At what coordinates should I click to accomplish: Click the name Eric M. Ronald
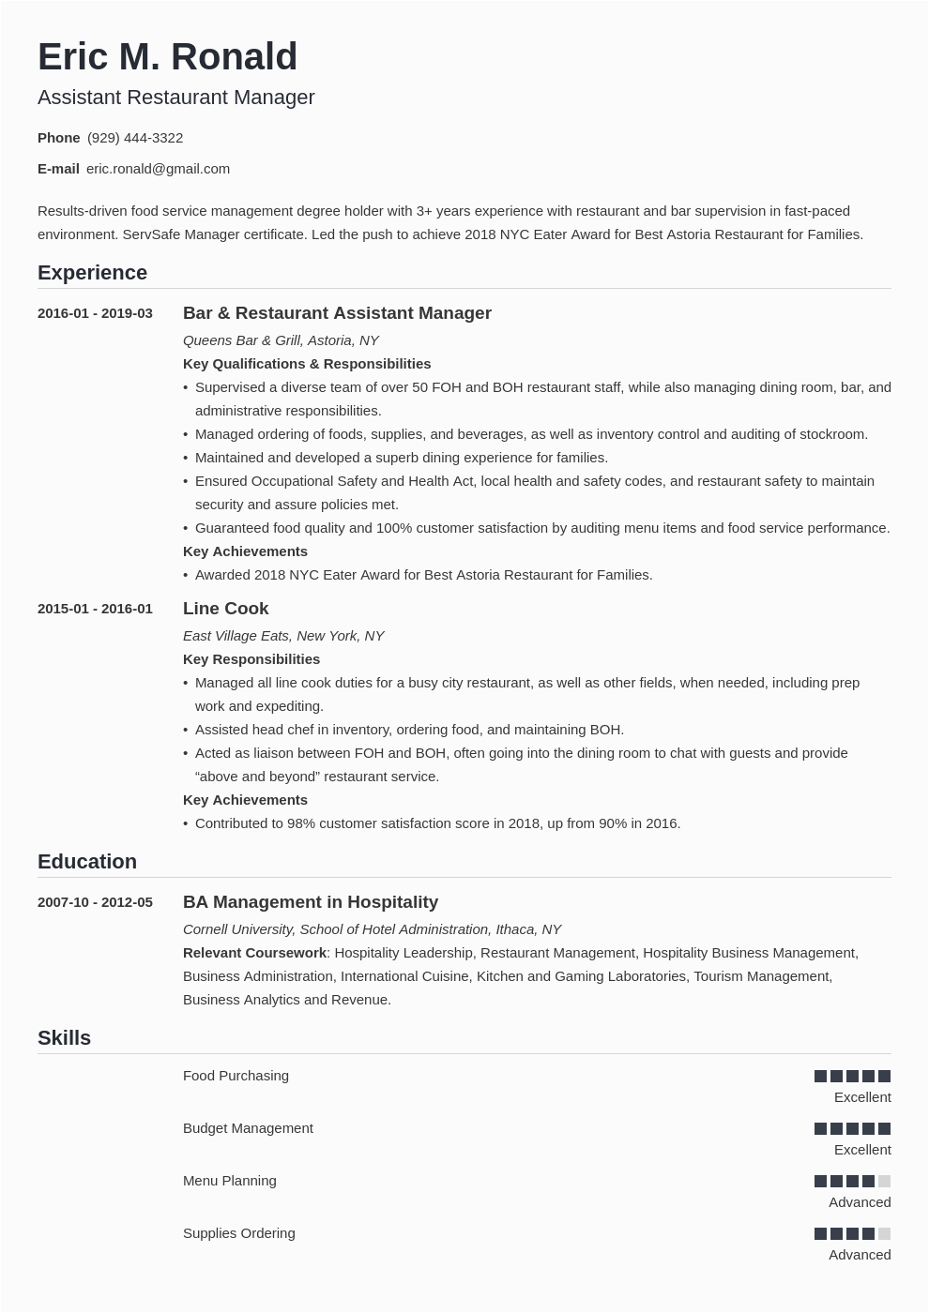click(167, 57)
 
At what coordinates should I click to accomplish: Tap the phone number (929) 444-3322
click(135, 138)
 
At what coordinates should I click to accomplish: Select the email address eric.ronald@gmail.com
click(158, 169)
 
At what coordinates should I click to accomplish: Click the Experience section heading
click(92, 273)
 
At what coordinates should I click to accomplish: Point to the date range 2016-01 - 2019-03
click(95, 313)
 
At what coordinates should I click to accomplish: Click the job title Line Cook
click(225, 609)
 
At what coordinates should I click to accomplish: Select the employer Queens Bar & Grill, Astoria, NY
click(281, 340)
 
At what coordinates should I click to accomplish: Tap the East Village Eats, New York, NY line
click(283, 636)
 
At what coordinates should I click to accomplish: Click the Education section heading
click(87, 862)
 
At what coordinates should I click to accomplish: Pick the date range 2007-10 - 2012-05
click(95, 902)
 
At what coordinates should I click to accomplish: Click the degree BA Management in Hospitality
click(311, 902)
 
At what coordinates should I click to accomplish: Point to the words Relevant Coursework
click(254, 953)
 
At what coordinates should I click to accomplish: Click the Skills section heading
click(64, 1038)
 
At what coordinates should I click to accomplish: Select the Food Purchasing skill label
click(236, 1076)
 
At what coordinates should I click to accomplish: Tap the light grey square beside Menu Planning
click(884, 1182)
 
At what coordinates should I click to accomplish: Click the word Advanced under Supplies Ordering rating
click(860, 1255)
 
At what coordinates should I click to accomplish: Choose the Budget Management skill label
click(248, 1128)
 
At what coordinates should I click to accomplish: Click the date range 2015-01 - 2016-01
click(95, 609)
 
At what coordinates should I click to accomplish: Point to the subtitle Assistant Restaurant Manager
click(176, 98)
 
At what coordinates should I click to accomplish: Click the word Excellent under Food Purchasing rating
click(862, 1097)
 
